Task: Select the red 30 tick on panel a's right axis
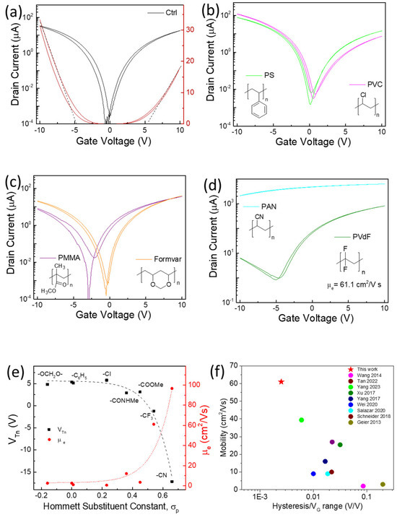coord(189,30)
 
